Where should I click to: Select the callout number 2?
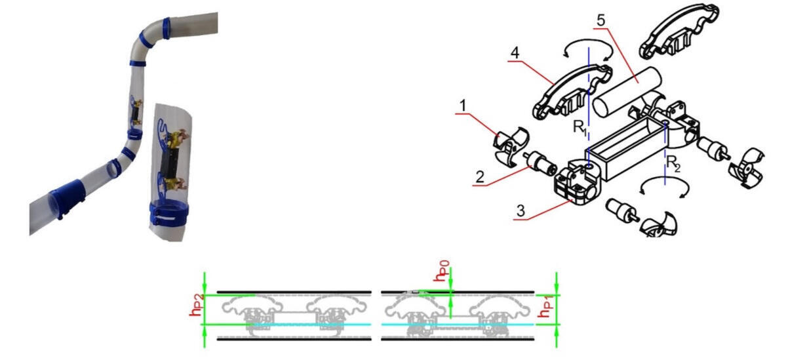[x=480, y=176]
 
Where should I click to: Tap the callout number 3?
[x=521, y=211]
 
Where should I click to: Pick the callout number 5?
[x=602, y=21]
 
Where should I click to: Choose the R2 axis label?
[x=673, y=163]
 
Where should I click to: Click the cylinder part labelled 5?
[x=627, y=91]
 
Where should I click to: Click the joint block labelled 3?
[x=576, y=184]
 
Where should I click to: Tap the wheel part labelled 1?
[x=509, y=146]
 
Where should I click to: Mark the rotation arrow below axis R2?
[x=663, y=190]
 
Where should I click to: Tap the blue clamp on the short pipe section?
[x=169, y=213]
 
